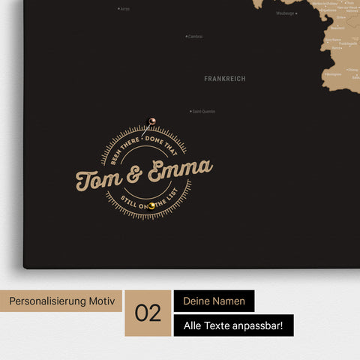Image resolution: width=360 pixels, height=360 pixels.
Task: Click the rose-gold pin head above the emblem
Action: [151, 119]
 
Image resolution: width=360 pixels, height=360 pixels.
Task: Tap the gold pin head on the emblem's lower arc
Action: [151, 205]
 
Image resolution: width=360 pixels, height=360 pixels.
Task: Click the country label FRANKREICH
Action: [224, 78]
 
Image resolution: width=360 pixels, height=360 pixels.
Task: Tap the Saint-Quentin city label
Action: [204, 112]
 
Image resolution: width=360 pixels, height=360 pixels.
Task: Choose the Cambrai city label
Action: [196, 36]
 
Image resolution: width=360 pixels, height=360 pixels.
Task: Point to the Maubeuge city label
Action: [285, 13]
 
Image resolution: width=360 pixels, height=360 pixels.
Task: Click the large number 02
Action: [148, 313]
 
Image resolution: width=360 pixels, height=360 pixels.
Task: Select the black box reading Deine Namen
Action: [213, 301]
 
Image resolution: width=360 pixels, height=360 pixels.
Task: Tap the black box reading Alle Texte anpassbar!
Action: [233, 325]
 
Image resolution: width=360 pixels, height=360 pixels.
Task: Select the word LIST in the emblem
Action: [181, 198]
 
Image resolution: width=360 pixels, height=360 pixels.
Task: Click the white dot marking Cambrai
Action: [187, 36]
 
